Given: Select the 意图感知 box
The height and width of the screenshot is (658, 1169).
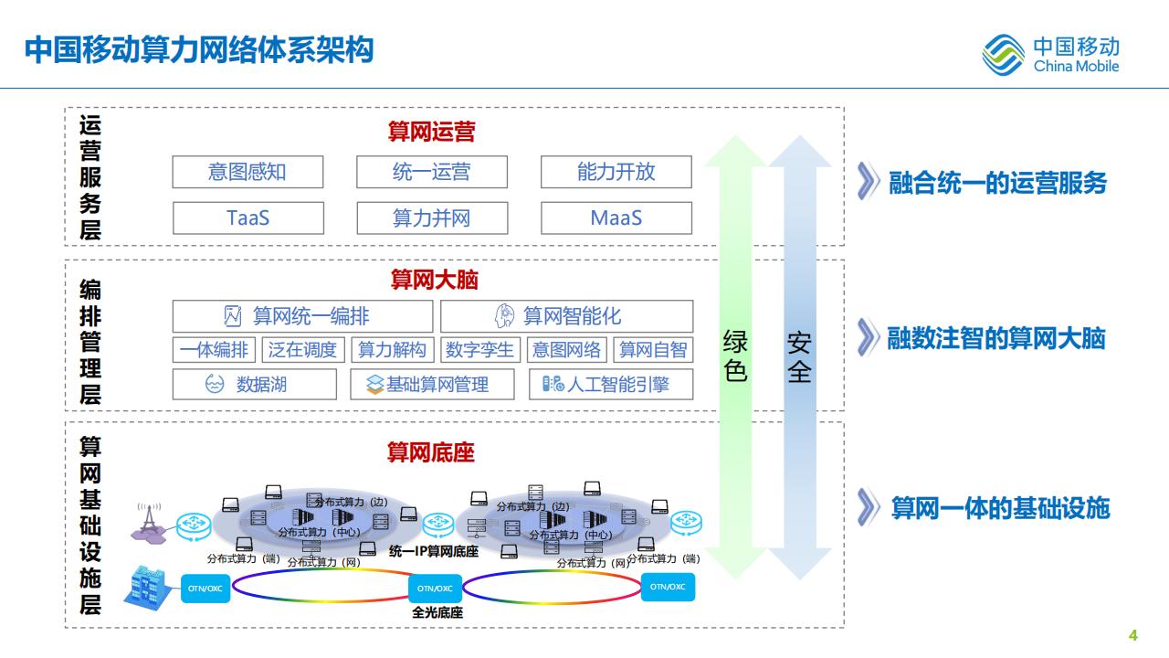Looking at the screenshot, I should pyautogui.click(x=247, y=172).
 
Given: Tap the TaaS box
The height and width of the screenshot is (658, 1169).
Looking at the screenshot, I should pyautogui.click(x=247, y=218).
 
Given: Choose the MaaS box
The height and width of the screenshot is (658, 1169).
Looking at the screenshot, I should pyautogui.click(x=616, y=218).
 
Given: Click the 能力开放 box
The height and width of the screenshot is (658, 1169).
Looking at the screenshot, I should pyautogui.click(x=616, y=172).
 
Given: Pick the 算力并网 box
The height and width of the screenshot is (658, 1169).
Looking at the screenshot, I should pyautogui.click(x=431, y=218).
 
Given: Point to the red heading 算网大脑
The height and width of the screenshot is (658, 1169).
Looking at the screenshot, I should pyautogui.click(x=434, y=280).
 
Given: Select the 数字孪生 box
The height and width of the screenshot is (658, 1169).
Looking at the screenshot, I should pyautogui.click(x=481, y=349).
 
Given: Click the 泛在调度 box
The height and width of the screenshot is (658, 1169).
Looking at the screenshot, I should pyautogui.click(x=303, y=349).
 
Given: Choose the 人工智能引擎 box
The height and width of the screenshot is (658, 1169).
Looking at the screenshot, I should pyautogui.click(x=610, y=385).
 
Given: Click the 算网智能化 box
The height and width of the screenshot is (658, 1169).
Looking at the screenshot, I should pyautogui.click(x=566, y=316).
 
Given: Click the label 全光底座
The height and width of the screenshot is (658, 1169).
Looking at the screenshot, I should pyautogui.click(x=437, y=612).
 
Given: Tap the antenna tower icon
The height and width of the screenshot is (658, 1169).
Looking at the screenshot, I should pyautogui.click(x=149, y=519).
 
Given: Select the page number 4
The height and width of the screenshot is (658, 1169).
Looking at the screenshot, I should pyautogui.click(x=1133, y=636).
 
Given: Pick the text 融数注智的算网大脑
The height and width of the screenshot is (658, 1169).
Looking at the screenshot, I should pyautogui.click(x=996, y=339).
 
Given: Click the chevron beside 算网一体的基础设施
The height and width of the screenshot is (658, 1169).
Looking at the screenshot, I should pyautogui.click(x=868, y=507).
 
